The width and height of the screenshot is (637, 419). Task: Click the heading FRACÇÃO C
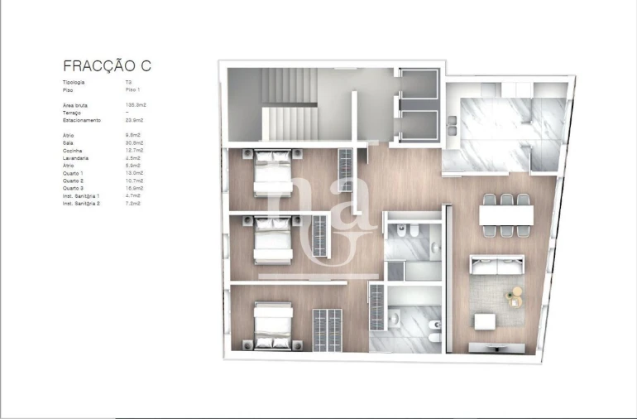108,65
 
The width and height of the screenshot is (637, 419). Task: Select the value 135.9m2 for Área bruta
135,105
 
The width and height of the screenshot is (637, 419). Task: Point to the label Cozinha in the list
74,150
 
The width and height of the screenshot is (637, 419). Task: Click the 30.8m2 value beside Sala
135,142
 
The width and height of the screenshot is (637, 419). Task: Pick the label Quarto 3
74,188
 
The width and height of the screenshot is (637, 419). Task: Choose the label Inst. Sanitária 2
81,202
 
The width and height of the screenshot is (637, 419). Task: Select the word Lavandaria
76,157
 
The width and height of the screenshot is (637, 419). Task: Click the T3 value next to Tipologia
129,83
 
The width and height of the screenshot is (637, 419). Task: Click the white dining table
506,214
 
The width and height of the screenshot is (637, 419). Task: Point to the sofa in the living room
497,265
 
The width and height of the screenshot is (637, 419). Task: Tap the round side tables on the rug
515,296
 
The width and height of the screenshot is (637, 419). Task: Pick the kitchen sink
453,127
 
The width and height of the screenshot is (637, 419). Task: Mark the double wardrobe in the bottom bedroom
327,330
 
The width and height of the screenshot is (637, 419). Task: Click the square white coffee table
483,321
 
